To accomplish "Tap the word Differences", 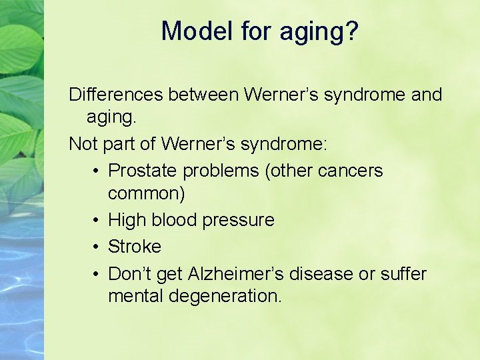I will pyautogui.click(x=116, y=95).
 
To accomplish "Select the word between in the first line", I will pyautogui.click(x=203, y=95).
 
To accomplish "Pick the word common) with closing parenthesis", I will pyautogui.click(x=147, y=194).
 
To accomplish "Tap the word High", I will pyautogui.click(x=127, y=220).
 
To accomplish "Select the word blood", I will pyautogui.click(x=175, y=220).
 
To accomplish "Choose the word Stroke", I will pyautogui.click(x=135, y=247).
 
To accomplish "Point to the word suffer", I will pyautogui.click(x=403, y=273).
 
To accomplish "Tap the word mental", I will pyautogui.click(x=135, y=296).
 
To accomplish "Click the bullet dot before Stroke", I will pyautogui.click(x=97, y=247).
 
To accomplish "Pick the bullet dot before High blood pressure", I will pyautogui.click(x=97, y=220).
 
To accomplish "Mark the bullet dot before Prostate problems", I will pyautogui.click(x=97, y=171).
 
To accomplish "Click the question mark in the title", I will pyautogui.click(x=351, y=31).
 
